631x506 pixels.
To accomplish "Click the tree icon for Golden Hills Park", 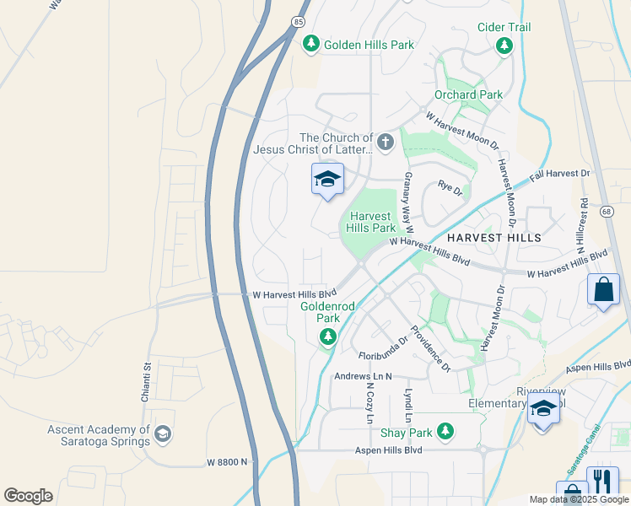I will coord(311,43).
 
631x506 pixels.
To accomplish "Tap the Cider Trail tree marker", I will coord(504,46).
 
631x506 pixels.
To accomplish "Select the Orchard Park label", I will coord(468,95).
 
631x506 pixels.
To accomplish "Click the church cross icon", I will coord(386,142).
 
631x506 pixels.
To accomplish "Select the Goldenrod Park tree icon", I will coord(327,338).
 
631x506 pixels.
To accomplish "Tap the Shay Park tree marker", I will coord(445,433).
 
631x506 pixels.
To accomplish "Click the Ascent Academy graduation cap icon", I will coord(163,435).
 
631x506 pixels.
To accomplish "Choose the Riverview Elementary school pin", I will coord(543,411).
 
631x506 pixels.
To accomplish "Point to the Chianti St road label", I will coord(146,383).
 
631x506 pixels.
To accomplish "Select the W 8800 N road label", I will coord(227,462).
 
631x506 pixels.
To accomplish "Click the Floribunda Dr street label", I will coord(382,357).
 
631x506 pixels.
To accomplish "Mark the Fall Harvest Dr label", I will coord(560,175).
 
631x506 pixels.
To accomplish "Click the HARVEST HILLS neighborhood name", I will coord(493,239).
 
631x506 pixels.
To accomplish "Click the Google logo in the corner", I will coord(28,496).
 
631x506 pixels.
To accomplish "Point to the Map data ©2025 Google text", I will coord(578,499).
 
